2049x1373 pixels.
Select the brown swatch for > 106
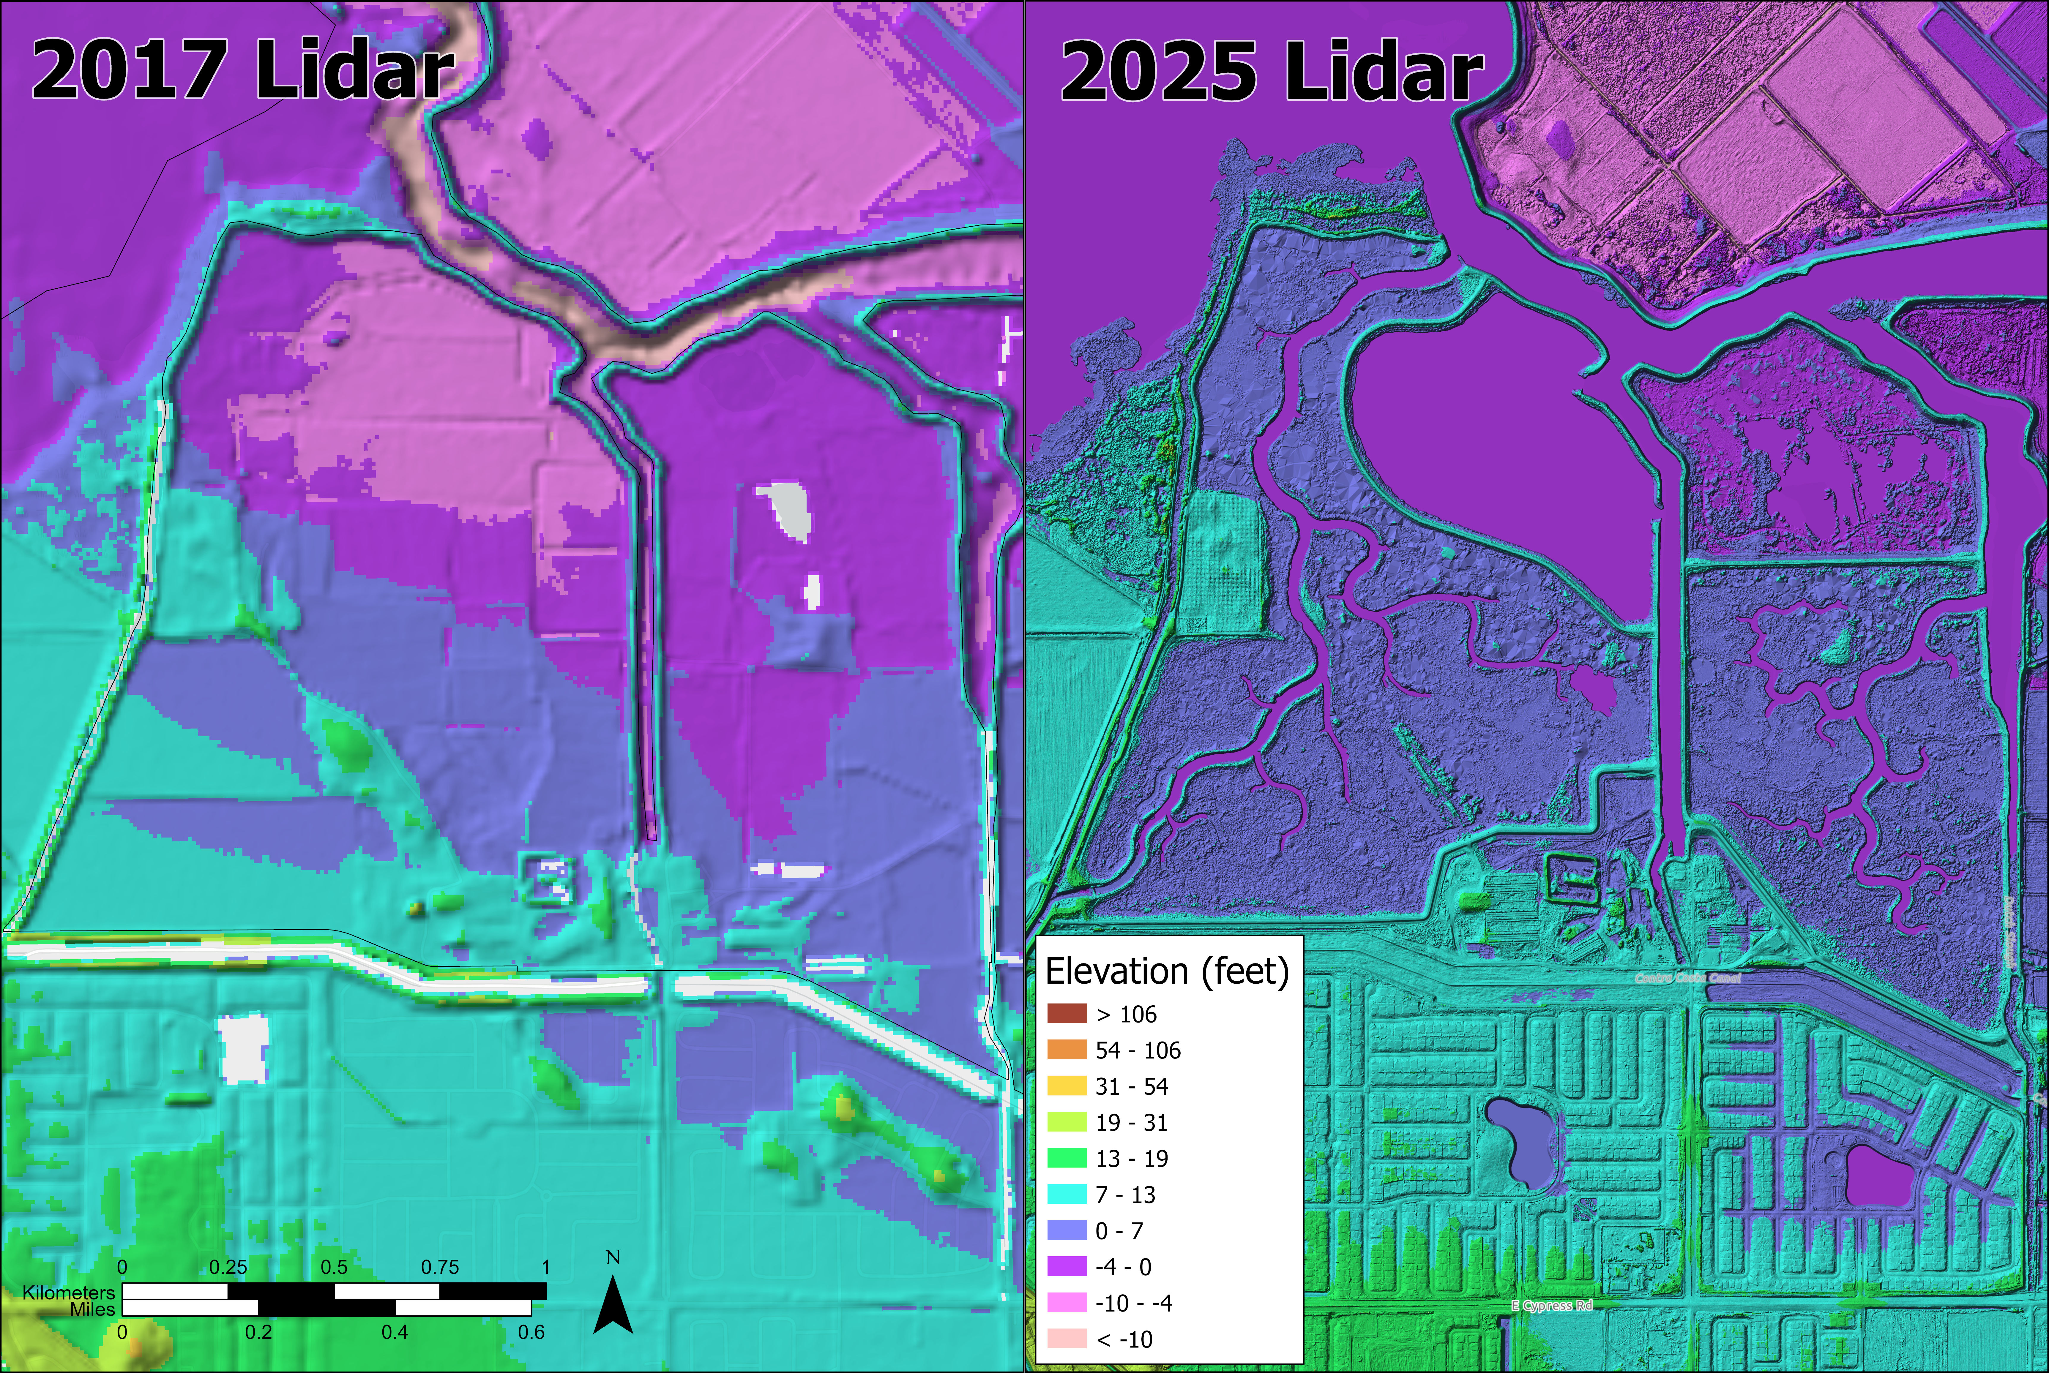pos(1067,1014)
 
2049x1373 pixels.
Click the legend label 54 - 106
pos(1138,1050)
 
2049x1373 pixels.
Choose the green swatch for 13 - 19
pos(1067,1159)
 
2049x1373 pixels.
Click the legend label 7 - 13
pos(1125,1195)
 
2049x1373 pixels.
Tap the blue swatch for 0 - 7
pos(1067,1230)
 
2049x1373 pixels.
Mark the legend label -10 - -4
pos(1133,1303)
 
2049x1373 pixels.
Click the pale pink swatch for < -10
pos(1067,1339)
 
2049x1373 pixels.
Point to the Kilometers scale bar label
pos(68,1293)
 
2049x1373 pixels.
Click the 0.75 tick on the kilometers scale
pos(440,1267)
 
